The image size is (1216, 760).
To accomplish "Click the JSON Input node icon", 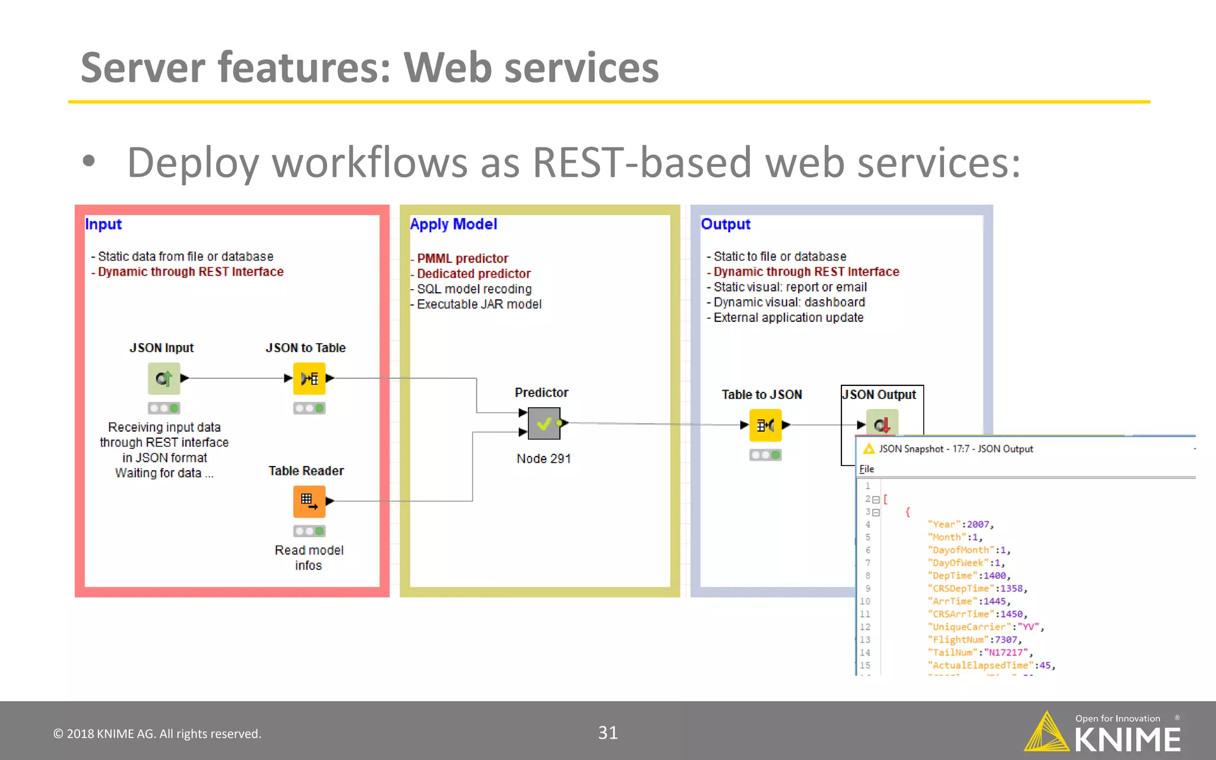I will tap(164, 378).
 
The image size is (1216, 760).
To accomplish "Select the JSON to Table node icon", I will tap(309, 378).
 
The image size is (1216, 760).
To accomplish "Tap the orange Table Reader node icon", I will tap(309, 501).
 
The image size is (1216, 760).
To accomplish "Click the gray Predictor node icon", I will tap(544, 423).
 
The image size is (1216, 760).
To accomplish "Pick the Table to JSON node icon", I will tap(765, 425).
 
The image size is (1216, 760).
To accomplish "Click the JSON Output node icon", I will tap(882, 423).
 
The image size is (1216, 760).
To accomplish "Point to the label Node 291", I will tap(543, 458).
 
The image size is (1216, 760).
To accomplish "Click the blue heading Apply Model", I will tap(454, 224).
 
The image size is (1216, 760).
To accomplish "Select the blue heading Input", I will tap(103, 224).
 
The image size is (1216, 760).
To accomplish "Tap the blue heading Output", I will tap(726, 224).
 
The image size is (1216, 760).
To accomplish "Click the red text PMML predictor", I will tap(463, 258).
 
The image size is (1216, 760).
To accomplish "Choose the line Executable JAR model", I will tap(479, 304).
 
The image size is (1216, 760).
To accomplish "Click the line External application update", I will tap(788, 318).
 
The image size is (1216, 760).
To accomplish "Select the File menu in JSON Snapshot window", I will tap(867, 469).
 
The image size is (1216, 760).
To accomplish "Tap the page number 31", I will tap(607, 733).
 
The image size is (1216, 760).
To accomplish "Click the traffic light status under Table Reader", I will tap(309, 531).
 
